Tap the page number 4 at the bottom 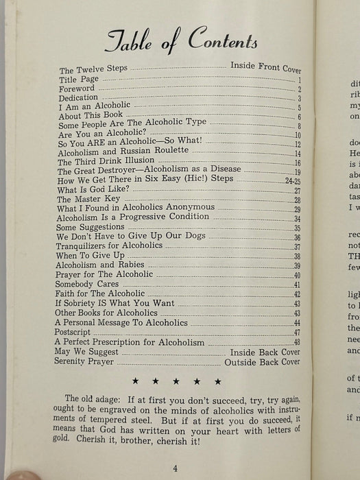(x=176, y=468)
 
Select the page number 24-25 (x=293, y=180)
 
